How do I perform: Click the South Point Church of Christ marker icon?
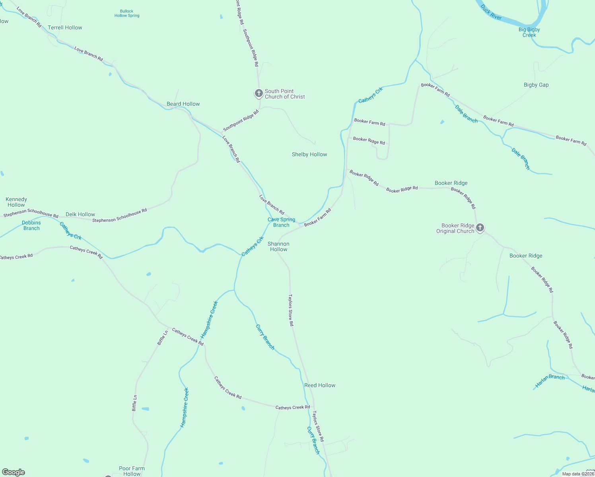(x=259, y=93)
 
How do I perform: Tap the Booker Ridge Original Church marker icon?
(x=480, y=228)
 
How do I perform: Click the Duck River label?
(x=491, y=12)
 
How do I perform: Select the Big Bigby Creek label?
(x=529, y=32)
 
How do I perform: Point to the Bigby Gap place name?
(x=536, y=85)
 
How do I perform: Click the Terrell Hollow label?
(x=65, y=27)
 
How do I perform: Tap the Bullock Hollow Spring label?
(x=127, y=14)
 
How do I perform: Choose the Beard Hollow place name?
(x=183, y=104)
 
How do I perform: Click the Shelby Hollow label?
(x=309, y=154)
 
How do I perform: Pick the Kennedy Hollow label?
(x=16, y=202)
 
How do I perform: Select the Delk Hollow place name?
(x=80, y=214)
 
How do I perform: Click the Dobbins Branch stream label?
(x=31, y=225)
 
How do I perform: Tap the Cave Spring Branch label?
(x=281, y=222)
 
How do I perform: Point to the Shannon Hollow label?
(x=278, y=246)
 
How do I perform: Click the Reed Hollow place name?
(x=320, y=385)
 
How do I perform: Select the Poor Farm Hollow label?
(x=132, y=471)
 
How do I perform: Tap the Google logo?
(x=14, y=472)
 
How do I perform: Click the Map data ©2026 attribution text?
(x=578, y=474)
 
